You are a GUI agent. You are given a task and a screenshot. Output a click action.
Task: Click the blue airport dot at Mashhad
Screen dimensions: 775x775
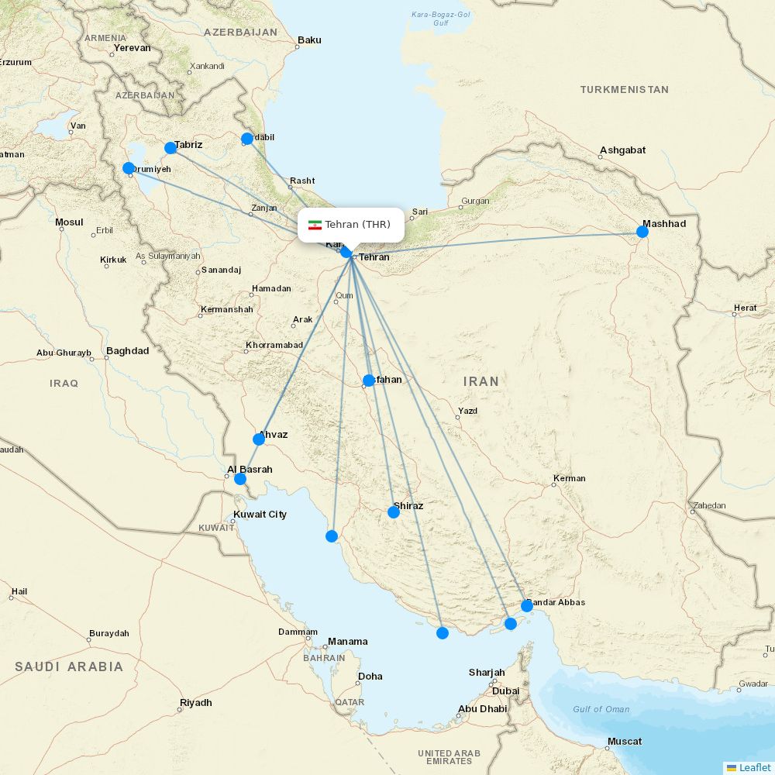pos(642,231)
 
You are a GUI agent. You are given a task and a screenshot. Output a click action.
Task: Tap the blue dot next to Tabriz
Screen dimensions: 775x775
pos(170,148)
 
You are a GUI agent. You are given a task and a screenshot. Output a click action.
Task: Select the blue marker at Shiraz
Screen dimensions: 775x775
pos(394,511)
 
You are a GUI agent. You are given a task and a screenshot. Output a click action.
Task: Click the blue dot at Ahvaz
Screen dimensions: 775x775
pos(259,439)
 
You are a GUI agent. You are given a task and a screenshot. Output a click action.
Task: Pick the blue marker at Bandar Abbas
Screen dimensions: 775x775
pos(527,605)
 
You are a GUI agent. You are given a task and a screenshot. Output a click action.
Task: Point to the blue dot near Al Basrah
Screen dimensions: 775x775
pos(240,479)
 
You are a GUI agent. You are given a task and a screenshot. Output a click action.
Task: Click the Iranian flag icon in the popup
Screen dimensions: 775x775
pos(315,225)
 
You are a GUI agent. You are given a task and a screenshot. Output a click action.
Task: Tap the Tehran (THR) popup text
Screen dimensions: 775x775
pos(358,225)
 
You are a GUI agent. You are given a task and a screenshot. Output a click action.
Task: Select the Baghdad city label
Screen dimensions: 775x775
pos(127,351)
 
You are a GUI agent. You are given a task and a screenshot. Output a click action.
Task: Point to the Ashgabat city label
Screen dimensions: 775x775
pos(622,150)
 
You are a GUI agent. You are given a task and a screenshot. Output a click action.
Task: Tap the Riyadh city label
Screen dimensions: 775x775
pos(195,703)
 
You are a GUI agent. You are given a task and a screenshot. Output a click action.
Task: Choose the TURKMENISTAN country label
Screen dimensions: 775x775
pos(624,90)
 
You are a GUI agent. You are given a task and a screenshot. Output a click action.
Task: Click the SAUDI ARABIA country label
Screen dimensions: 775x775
pos(68,666)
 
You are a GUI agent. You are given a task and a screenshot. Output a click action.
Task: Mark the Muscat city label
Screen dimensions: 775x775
pos(624,742)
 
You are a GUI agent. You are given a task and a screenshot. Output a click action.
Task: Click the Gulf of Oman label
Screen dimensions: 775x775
pos(601,709)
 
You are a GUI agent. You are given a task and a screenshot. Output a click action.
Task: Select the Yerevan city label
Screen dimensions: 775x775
pos(132,48)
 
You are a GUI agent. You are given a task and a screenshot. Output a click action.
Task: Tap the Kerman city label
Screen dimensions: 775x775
pos(570,479)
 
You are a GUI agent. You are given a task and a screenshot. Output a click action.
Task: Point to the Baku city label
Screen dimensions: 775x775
pos(309,40)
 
